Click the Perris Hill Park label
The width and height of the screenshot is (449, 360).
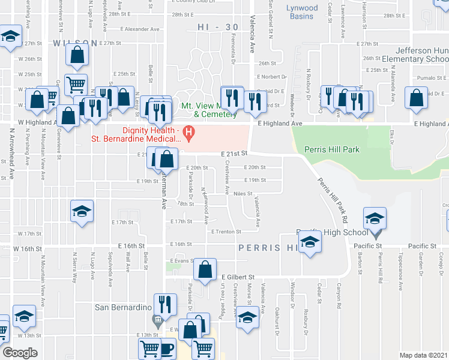[333, 149]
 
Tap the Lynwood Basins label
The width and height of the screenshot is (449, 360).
[286, 11]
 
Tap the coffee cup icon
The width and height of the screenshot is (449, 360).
[166, 348]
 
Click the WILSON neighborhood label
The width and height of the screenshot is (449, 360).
[74, 43]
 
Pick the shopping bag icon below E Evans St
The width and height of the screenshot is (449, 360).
[205, 270]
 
